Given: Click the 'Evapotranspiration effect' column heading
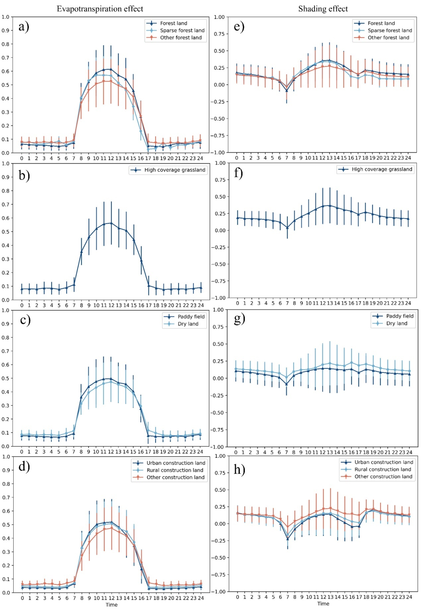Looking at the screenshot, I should point(100,9).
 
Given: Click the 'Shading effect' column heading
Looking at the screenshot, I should point(323,9).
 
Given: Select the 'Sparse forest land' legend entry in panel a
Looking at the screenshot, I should point(182,30).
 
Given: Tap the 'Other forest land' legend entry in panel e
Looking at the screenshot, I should point(388,37).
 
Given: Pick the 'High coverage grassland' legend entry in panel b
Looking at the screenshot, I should point(175,170).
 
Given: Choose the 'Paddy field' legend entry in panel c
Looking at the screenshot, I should point(191,317).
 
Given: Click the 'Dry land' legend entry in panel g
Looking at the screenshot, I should point(396,323).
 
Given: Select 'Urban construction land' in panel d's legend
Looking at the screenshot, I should point(176,463).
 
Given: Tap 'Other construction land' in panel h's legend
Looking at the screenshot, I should point(383,477).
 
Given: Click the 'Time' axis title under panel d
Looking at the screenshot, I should point(111,605).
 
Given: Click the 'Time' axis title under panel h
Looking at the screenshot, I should point(323,604).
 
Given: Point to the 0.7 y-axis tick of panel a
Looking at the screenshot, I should point(5,58).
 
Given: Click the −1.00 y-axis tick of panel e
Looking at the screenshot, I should point(219,152).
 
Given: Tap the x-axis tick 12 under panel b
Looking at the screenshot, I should point(111,305).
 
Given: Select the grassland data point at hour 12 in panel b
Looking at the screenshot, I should point(111,223).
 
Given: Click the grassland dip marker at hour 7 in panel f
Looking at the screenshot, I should point(287,228).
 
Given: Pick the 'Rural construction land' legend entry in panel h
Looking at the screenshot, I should point(382,470).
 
